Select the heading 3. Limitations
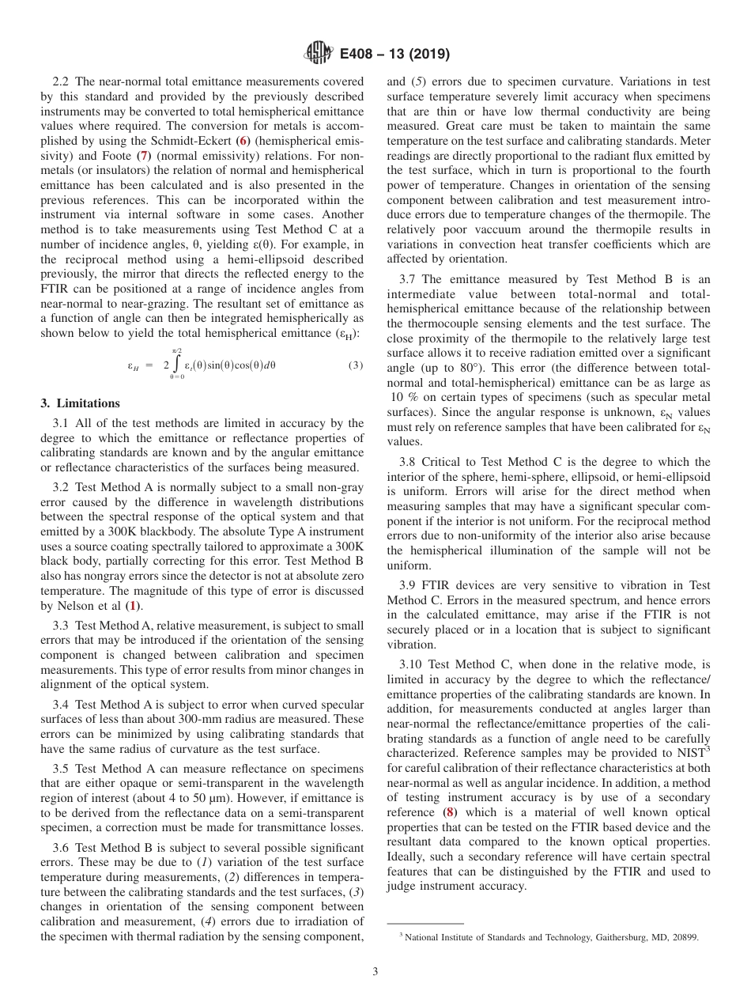pos(80,403)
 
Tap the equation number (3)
pos(355,365)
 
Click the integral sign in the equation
pos(177,365)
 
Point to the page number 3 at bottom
pos(375,971)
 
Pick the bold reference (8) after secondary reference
pos(450,812)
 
